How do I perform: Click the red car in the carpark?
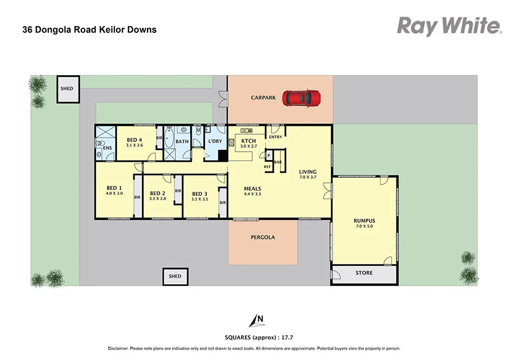tap(303, 98)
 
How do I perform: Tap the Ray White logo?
tap(449, 25)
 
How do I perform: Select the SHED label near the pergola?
tap(175, 276)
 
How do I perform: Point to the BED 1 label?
tap(114, 188)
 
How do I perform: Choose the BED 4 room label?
tap(135, 140)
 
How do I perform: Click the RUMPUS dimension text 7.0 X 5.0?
tap(364, 226)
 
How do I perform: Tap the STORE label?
tap(364, 273)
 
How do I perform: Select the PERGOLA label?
tap(262, 237)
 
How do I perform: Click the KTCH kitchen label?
tap(249, 141)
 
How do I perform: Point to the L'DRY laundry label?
tap(215, 141)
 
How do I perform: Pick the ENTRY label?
tap(275, 137)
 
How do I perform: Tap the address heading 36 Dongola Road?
tap(89, 29)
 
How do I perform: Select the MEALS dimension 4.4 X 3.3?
tap(252, 194)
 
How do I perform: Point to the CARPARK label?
tap(264, 98)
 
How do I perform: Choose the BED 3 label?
tap(200, 193)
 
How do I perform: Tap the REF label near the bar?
tap(267, 166)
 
